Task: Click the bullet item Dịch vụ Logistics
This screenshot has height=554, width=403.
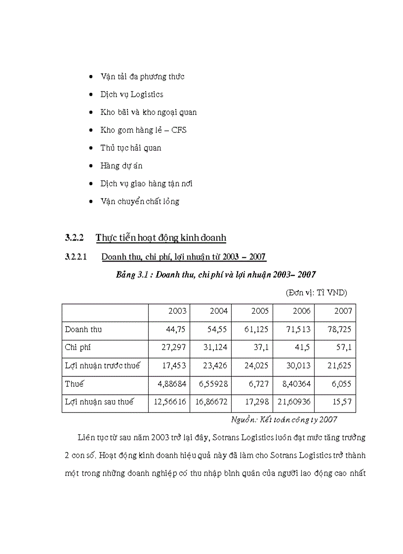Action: (131, 94)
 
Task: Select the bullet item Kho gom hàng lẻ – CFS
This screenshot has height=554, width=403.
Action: (143, 130)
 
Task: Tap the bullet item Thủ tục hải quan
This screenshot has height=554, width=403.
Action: (130, 148)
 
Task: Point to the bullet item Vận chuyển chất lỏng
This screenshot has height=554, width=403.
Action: (139, 201)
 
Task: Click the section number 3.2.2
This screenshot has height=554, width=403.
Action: (74, 238)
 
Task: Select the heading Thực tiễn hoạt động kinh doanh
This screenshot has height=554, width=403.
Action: (161, 238)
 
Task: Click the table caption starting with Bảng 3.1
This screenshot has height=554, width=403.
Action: (216, 275)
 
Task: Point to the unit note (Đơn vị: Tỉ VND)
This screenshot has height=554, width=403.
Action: (316, 293)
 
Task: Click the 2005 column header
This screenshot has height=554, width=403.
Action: (260, 311)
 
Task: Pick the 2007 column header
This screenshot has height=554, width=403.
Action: (343, 311)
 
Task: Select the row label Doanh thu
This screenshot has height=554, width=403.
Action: (83, 329)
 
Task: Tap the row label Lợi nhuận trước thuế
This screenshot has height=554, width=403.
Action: (102, 366)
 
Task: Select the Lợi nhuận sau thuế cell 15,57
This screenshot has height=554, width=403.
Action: (341, 402)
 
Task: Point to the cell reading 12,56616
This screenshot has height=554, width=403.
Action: (170, 402)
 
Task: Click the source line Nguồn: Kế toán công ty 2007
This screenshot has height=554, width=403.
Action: (284, 419)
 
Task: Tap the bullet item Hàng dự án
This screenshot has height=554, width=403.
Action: (121, 166)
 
